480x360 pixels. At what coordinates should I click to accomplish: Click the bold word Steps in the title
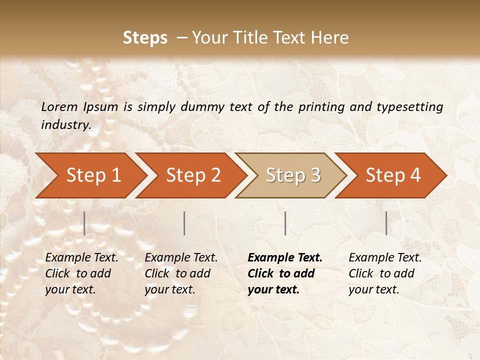pyautogui.click(x=145, y=38)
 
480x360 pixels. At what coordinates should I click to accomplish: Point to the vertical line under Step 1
pyautogui.click(x=84, y=223)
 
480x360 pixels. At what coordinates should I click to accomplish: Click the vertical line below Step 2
pyautogui.click(x=184, y=223)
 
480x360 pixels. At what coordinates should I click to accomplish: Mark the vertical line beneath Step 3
pyautogui.click(x=285, y=223)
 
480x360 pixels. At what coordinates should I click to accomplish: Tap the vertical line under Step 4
pyautogui.click(x=386, y=223)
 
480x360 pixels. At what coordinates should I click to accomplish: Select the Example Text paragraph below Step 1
pyautogui.click(x=81, y=273)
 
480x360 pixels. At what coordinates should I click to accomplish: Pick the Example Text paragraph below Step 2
pyautogui.click(x=181, y=273)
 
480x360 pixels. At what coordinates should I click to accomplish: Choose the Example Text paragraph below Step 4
pyautogui.click(x=385, y=273)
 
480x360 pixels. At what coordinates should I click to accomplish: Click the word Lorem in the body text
pyautogui.click(x=59, y=107)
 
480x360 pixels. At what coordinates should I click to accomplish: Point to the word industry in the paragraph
pyautogui.click(x=65, y=125)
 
